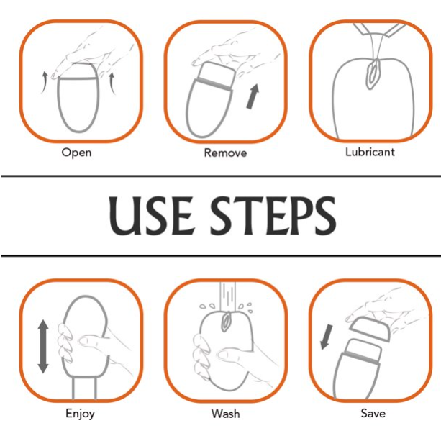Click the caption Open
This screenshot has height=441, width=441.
click(x=76, y=153)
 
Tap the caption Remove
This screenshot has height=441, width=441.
click(x=225, y=153)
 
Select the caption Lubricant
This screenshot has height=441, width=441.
click(x=370, y=152)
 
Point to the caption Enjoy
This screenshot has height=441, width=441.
click(x=80, y=414)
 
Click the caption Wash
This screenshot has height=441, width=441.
click(x=226, y=414)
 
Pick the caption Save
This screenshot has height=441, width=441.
click(x=373, y=413)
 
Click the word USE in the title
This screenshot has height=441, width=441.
click(x=151, y=216)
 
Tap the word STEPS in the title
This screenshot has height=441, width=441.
click(x=273, y=216)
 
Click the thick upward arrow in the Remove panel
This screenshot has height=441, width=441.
click(x=253, y=96)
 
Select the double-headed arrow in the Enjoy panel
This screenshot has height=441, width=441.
click(x=43, y=346)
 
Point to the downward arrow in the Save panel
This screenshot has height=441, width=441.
click(x=327, y=337)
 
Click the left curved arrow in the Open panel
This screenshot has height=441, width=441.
click(x=44, y=82)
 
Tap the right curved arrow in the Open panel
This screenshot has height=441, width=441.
click(x=112, y=83)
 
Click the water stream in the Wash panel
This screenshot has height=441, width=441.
click(x=227, y=296)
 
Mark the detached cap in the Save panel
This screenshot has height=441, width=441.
click(x=369, y=329)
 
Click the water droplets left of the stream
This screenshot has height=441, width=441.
click(x=208, y=306)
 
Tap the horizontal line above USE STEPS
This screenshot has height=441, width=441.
click(x=221, y=176)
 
